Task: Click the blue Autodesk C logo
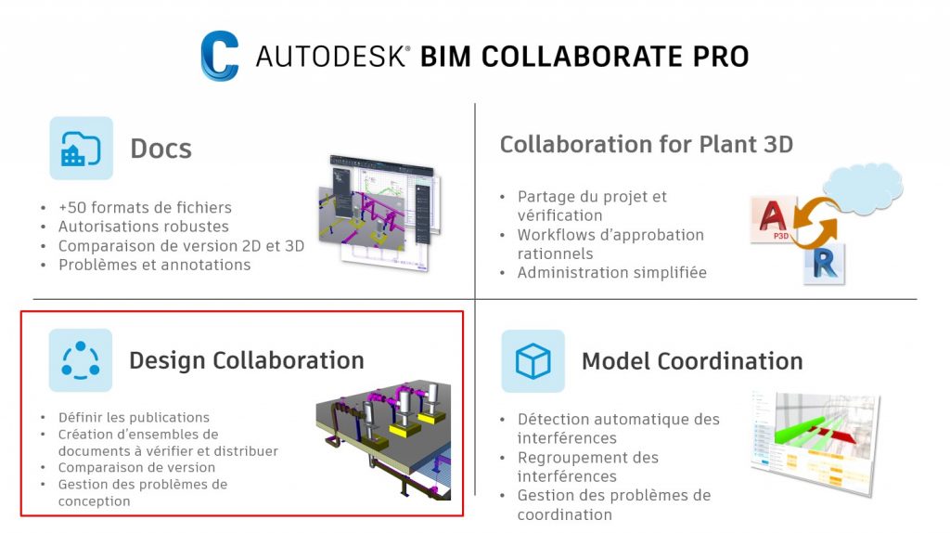pyautogui.click(x=219, y=56)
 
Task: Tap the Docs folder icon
pyautogui.click(x=81, y=148)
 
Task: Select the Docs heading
pyautogui.click(x=160, y=149)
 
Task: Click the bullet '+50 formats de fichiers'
pyautogui.click(x=145, y=207)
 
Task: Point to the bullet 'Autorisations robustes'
pyautogui.click(x=143, y=227)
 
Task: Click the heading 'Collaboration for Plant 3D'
pyautogui.click(x=647, y=145)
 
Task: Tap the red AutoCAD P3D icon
pyautogui.click(x=773, y=221)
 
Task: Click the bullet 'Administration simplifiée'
pyautogui.click(x=611, y=273)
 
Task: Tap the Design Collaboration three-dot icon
pyautogui.click(x=81, y=360)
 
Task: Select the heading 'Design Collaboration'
pyautogui.click(x=246, y=360)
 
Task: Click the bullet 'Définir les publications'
pyautogui.click(x=134, y=418)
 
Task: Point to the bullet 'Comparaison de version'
pyautogui.click(x=136, y=468)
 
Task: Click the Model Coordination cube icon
pyautogui.click(x=533, y=360)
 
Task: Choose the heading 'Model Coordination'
pyautogui.click(x=692, y=361)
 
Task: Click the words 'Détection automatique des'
pyautogui.click(x=618, y=420)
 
